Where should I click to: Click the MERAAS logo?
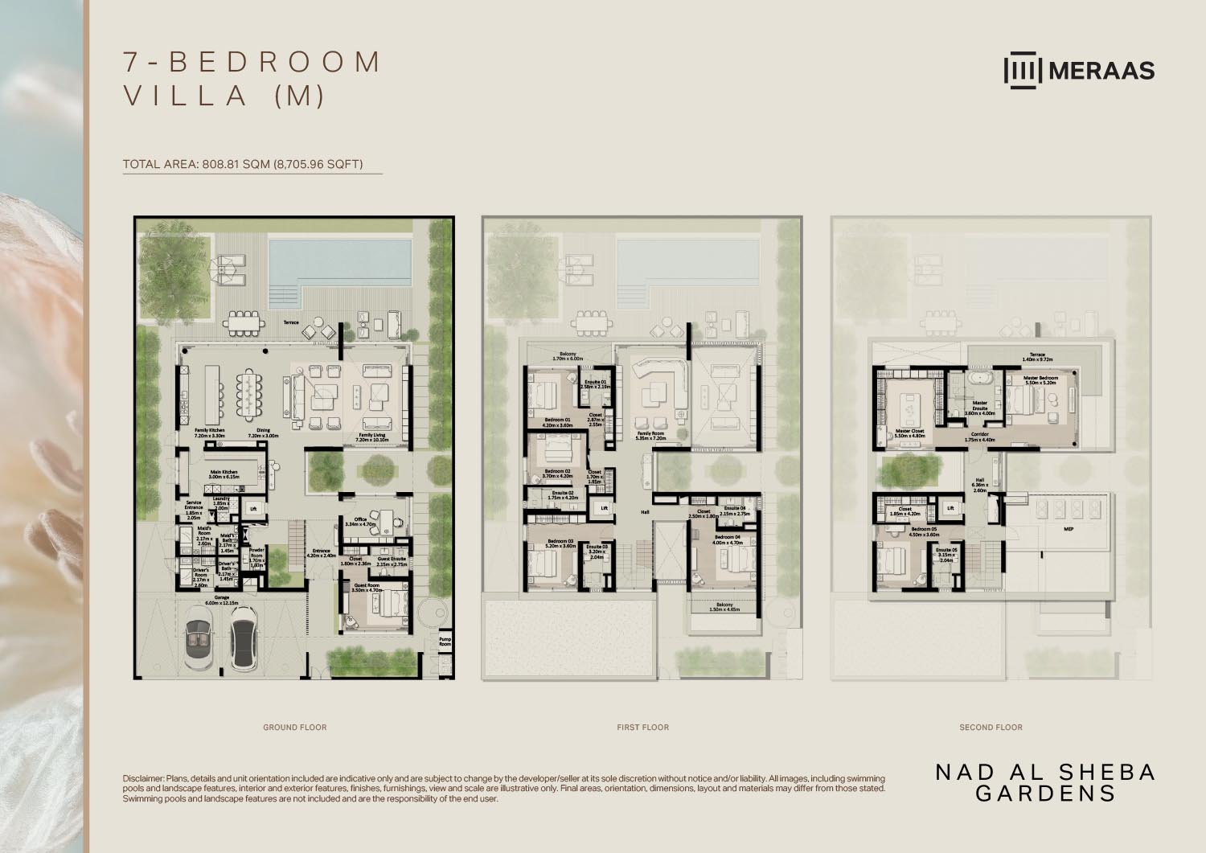pos(1079,70)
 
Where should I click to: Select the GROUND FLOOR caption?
pos(295,728)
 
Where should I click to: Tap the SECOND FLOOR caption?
pos(991,728)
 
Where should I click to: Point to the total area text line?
pos(243,165)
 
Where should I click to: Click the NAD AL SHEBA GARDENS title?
pos(1045,782)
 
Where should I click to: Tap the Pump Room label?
pos(445,642)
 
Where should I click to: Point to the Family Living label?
pos(372,437)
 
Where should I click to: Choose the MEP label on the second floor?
pos(1069,530)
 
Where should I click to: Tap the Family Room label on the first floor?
pos(650,436)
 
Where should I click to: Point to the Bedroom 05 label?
pos(924,531)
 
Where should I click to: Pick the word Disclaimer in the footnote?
pos(142,779)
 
